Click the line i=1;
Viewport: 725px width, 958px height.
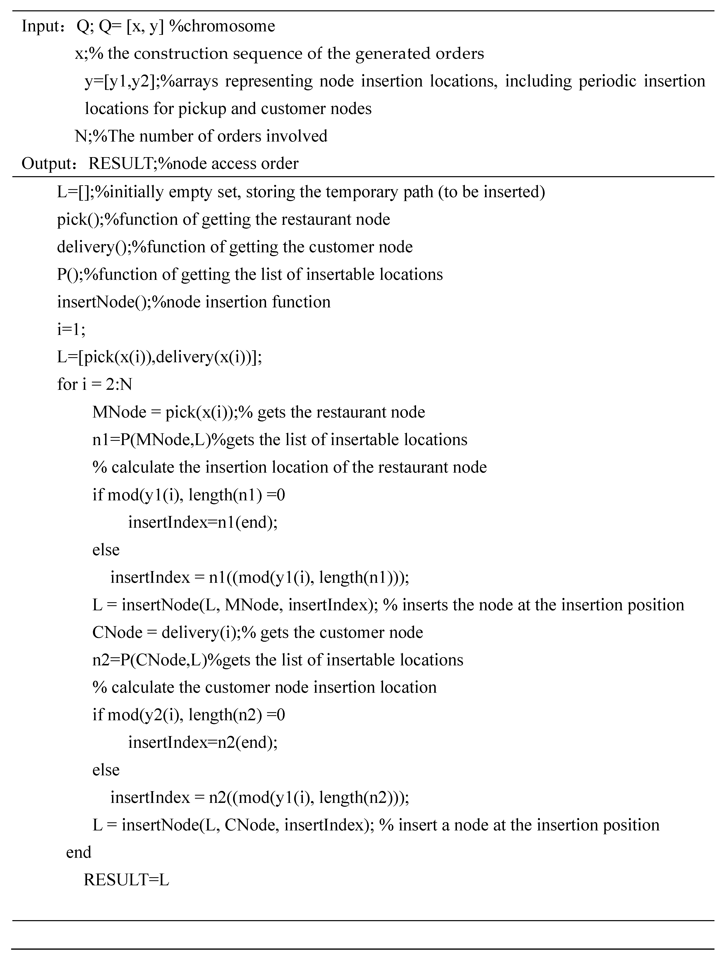point(71,330)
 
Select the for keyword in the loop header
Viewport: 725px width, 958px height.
point(67,384)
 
